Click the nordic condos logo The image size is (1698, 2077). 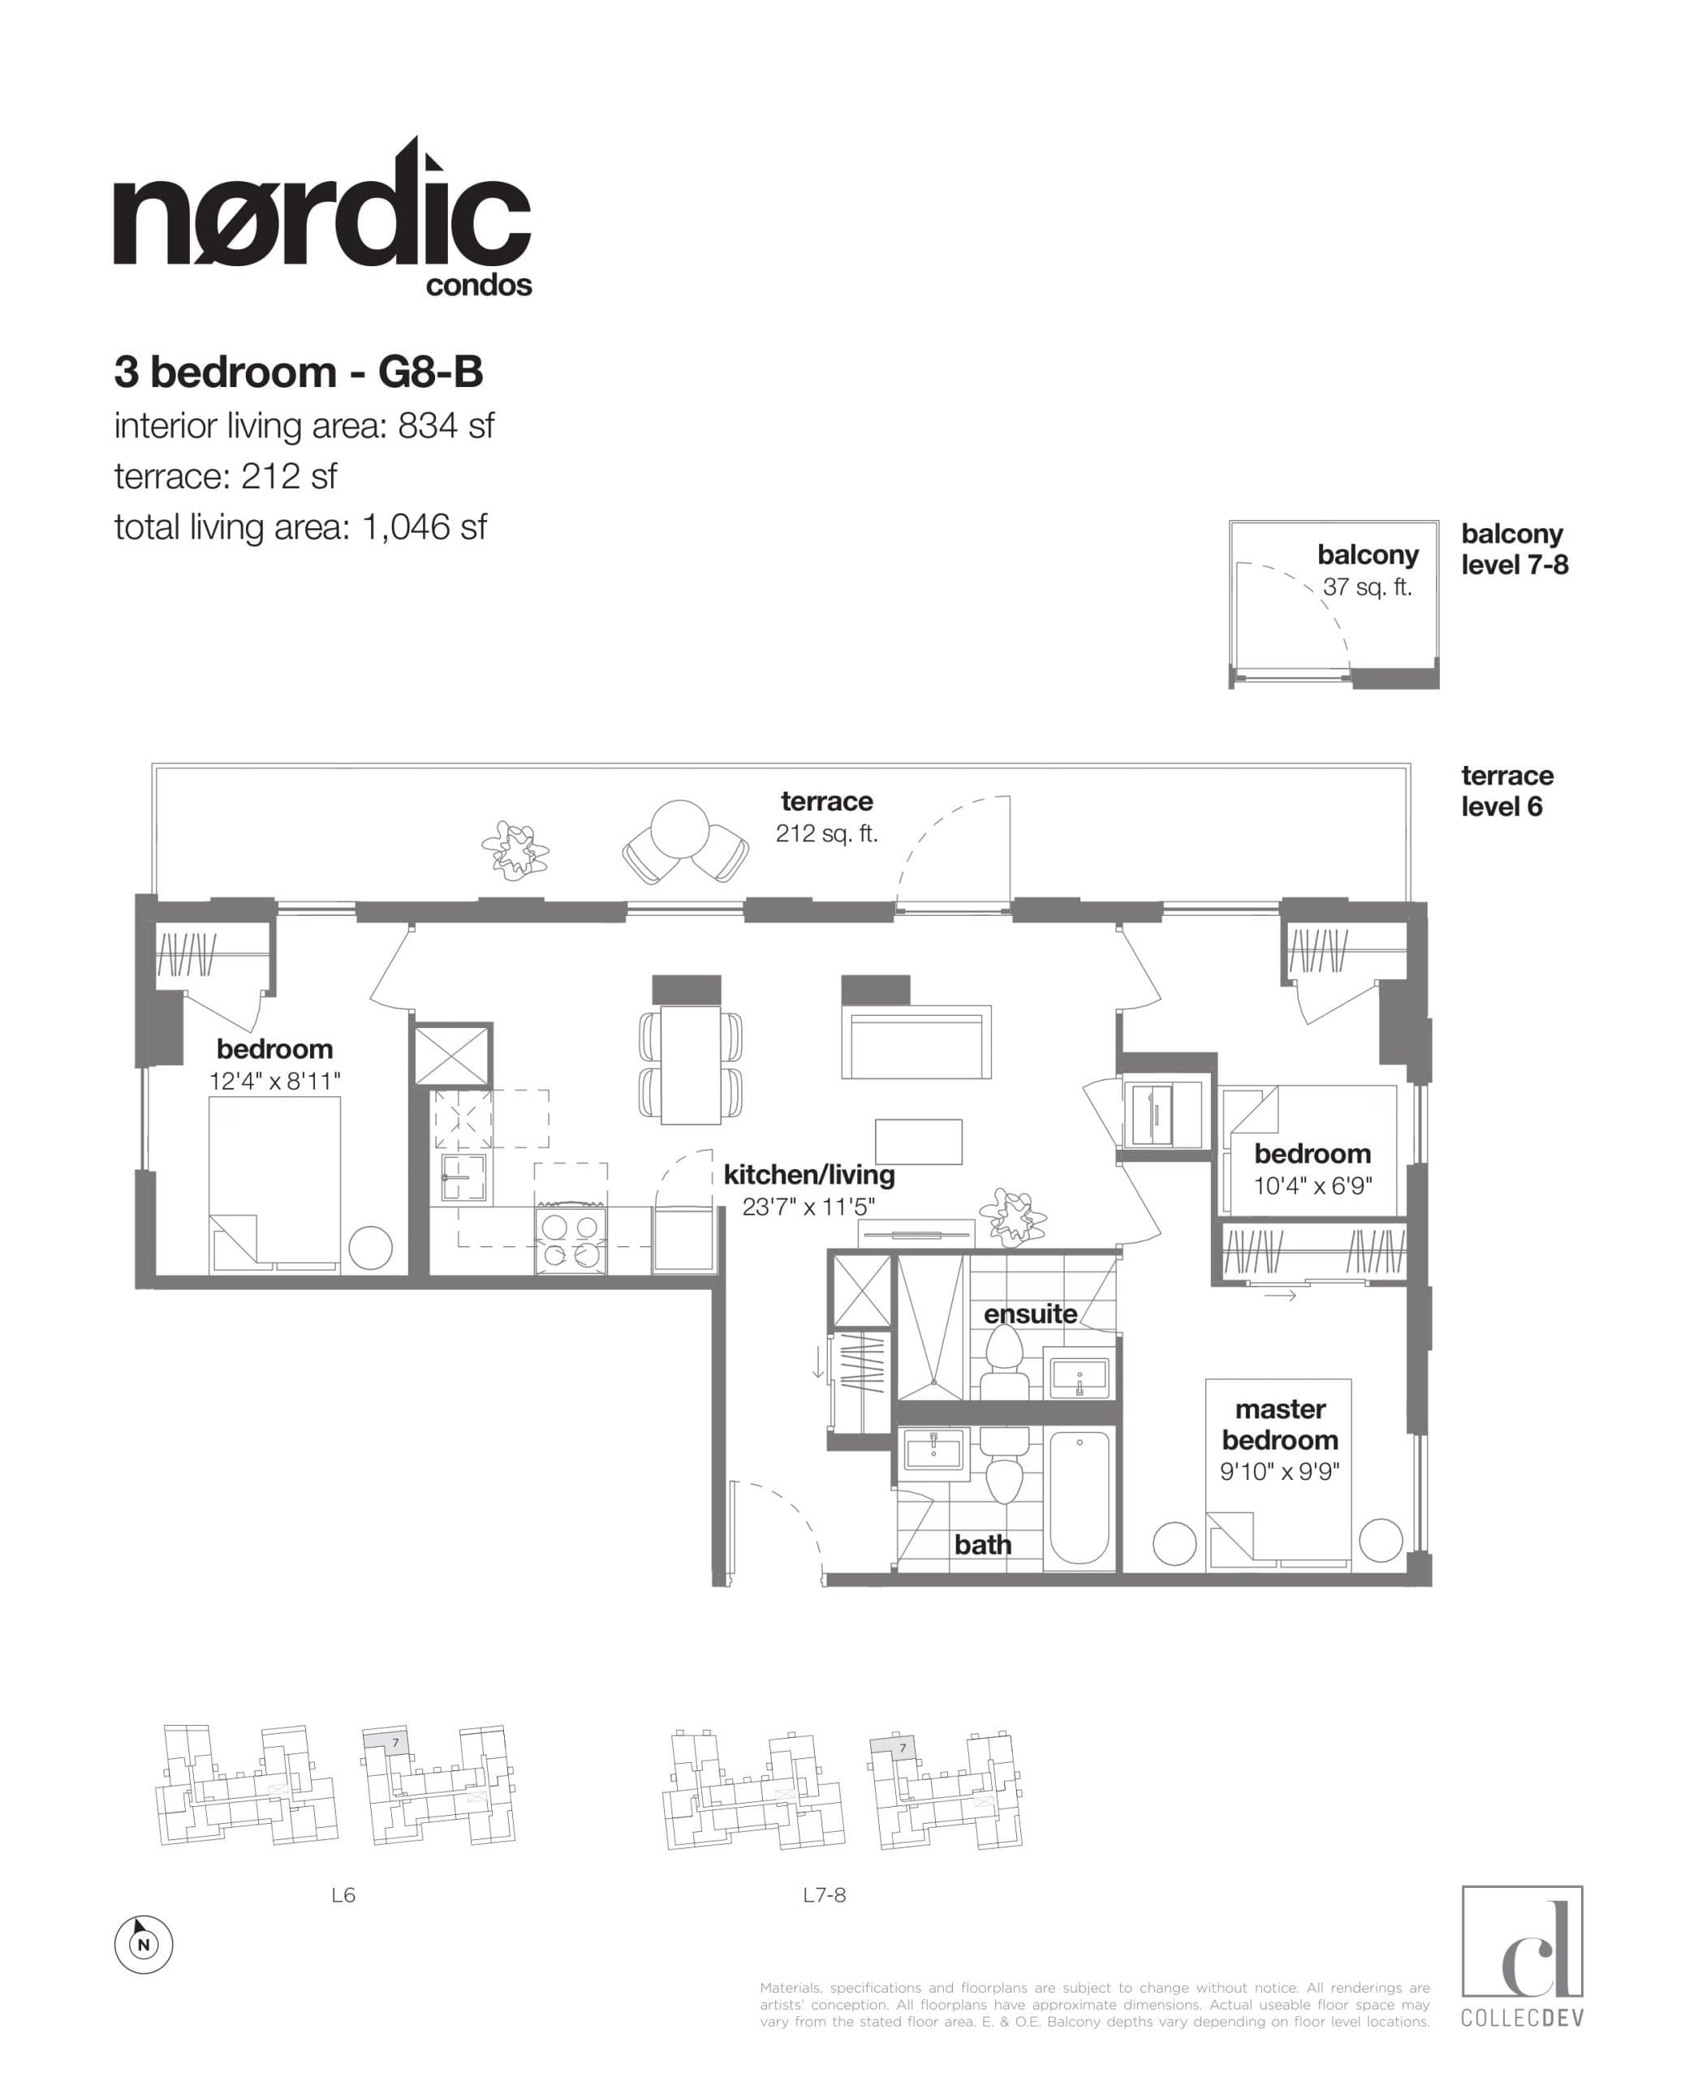tap(323, 220)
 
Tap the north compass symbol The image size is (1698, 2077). tap(144, 1944)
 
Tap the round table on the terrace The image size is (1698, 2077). tap(680, 830)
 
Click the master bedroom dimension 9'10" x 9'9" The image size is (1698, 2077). tap(1279, 1471)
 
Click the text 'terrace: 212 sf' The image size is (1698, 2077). tap(225, 476)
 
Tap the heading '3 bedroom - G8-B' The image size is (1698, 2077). tap(299, 372)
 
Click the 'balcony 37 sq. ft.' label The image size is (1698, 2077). tap(1368, 570)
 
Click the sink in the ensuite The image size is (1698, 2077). tap(1079, 1377)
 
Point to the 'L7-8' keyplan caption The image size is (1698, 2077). tap(824, 1895)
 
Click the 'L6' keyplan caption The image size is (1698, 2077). tap(343, 1895)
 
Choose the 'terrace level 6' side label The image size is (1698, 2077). tap(1506, 790)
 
